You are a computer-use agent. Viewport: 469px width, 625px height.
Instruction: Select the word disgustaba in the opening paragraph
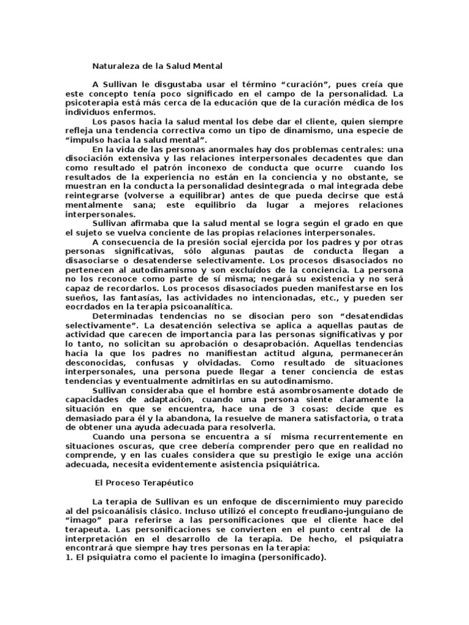165,83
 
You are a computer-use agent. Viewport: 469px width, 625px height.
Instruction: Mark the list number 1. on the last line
69,557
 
